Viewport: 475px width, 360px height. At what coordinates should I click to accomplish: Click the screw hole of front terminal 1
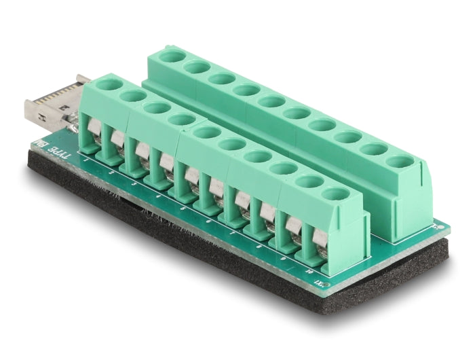tap(105, 86)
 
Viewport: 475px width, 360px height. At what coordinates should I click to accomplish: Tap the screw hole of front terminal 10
tap(335, 194)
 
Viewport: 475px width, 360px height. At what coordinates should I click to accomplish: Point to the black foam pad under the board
tap(204, 258)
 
